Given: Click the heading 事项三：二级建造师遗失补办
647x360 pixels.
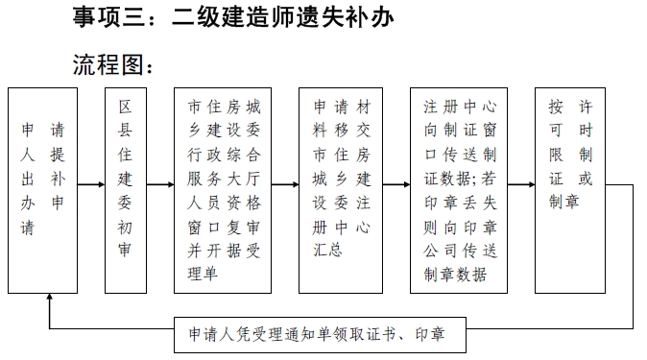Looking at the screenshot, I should (x=234, y=18).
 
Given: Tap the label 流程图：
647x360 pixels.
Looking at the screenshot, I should (x=113, y=63).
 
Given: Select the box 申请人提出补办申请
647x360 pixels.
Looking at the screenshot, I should (x=43, y=189).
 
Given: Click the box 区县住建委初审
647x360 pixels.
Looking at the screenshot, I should (x=126, y=189).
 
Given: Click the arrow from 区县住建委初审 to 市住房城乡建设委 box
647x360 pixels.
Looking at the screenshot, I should (x=161, y=183).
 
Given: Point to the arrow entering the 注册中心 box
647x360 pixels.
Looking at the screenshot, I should (x=395, y=183).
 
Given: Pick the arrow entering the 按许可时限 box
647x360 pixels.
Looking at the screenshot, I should (x=521, y=183).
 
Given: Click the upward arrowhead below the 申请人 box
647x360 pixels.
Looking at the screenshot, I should (x=49, y=300).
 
